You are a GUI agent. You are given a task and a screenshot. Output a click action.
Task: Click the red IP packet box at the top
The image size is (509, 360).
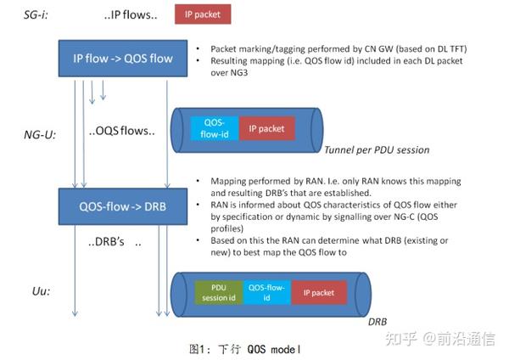tap(202, 14)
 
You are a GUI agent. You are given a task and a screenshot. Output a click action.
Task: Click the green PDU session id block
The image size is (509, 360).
tap(218, 293)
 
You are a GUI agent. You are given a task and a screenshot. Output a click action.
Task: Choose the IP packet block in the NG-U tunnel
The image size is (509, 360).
tap(266, 127)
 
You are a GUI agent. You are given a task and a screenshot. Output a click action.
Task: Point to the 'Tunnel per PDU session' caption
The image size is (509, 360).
tap(378, 150)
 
